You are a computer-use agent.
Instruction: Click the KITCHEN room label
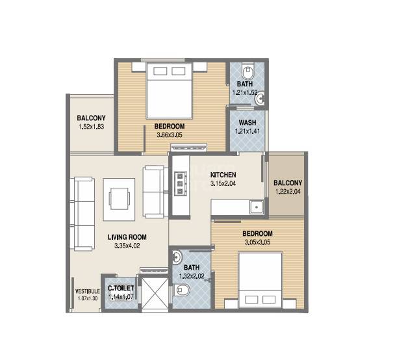[x=223, y=175]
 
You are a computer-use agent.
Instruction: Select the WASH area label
[x=246, y=122]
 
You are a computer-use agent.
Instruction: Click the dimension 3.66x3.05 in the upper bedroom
[x=170, y=135]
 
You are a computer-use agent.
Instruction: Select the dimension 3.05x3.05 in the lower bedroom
[x=257, y=242]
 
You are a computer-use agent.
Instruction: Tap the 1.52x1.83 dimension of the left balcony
[x=91, y=127]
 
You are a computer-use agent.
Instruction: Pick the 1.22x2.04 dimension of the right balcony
[x=286, y=192]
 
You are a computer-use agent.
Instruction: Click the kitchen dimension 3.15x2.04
[x=223, y=184]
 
